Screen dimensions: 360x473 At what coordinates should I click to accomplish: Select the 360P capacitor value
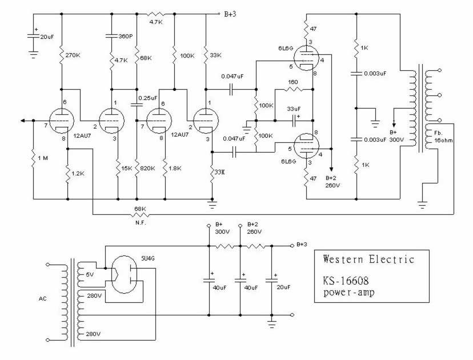coord(126,35)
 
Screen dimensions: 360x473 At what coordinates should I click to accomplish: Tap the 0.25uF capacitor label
coord(148,98)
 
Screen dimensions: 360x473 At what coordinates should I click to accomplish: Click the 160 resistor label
coord(292,82)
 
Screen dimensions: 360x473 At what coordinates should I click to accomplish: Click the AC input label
coord(43,298)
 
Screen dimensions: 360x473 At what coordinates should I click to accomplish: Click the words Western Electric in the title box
coord(368,259)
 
